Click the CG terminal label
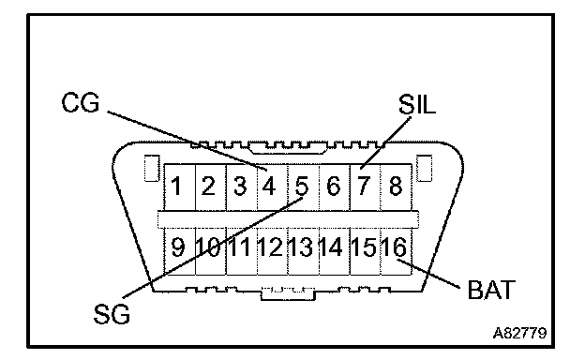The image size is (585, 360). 81,102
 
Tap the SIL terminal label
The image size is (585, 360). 417,104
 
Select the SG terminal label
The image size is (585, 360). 112,314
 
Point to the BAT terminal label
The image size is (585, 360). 491,290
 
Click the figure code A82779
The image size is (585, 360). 519,333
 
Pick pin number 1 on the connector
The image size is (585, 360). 176,186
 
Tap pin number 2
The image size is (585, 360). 208,186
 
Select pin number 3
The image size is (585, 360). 240,186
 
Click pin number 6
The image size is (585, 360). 333,186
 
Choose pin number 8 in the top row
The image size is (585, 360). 396,186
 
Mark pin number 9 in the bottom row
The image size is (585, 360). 177,247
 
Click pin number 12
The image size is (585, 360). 271,247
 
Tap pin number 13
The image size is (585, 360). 302,247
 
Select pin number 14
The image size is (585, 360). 332,247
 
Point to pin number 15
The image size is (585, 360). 363,247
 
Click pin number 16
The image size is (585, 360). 394,247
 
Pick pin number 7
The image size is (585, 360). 364,186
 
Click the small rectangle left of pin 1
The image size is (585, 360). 152,168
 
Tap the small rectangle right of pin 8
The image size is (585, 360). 424,168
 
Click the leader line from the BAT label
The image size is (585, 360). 428,274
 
